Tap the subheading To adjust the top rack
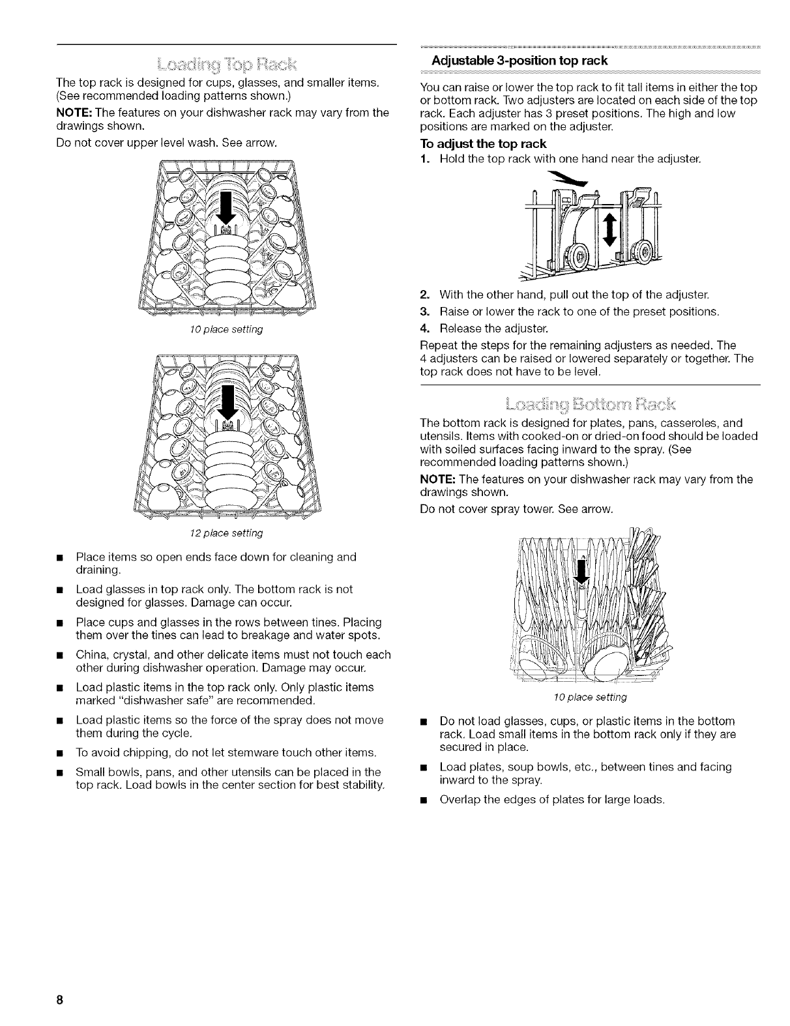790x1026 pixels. click(x=483, y=143)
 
